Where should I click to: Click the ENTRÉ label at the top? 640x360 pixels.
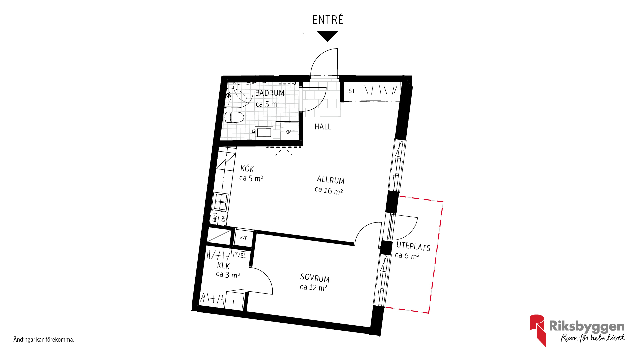coord(328,20)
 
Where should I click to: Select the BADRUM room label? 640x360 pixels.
coord(270,93)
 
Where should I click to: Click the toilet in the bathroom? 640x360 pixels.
coord(234,117)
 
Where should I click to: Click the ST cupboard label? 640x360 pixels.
coord(352,91)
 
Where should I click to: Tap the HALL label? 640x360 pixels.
coord(323,127)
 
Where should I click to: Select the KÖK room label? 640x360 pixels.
coord(247,168)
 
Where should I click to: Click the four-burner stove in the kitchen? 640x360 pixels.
coord(220,202)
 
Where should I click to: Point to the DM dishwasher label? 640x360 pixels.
coord(223,219)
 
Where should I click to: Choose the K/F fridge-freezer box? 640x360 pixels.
coord(244,238)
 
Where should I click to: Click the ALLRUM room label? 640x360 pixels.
coord(330,180)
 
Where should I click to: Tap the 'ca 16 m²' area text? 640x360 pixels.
coord(329,191)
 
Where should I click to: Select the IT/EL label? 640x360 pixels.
coord(239,255)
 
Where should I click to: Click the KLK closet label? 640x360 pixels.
coord(223,266)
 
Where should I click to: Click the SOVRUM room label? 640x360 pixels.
coord(315,278)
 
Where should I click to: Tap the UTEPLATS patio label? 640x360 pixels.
coord(413,246)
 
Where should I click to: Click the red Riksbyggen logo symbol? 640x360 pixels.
coord(538,330)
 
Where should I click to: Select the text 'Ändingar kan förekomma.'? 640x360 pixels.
coord(44,340)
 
